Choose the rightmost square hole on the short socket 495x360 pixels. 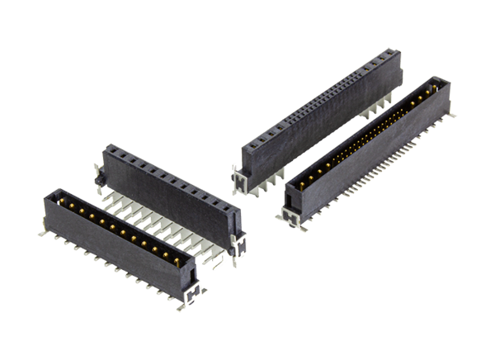pyautogui.click(x=226, y=209)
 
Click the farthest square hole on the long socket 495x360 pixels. pyautogui.click(x=388, y=56)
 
